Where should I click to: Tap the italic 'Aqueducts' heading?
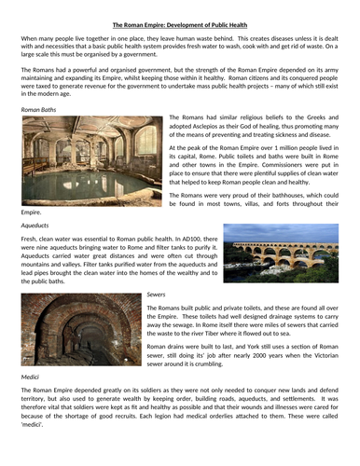coord(35,226)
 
